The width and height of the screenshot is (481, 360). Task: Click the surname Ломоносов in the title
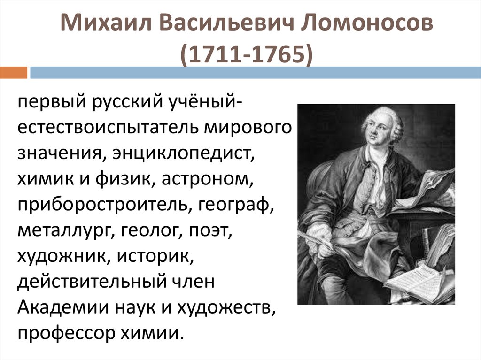(x=366, y=23)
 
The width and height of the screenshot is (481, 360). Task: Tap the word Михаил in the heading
(x=106, y=23)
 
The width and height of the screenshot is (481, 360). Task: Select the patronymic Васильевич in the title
(x=226, y=23)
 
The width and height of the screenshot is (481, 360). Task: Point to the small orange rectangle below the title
(x=14, y=73)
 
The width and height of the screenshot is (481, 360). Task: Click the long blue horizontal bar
(x=255, y=73)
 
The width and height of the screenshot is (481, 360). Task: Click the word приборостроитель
(x=102, y=205)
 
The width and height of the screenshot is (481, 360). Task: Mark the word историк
(x=155, y=256)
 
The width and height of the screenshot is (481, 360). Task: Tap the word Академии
(x=63, y=307)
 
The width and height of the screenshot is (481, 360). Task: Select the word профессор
(x=66, y=334)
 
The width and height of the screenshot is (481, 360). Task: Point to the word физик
(x=124, y=178)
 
